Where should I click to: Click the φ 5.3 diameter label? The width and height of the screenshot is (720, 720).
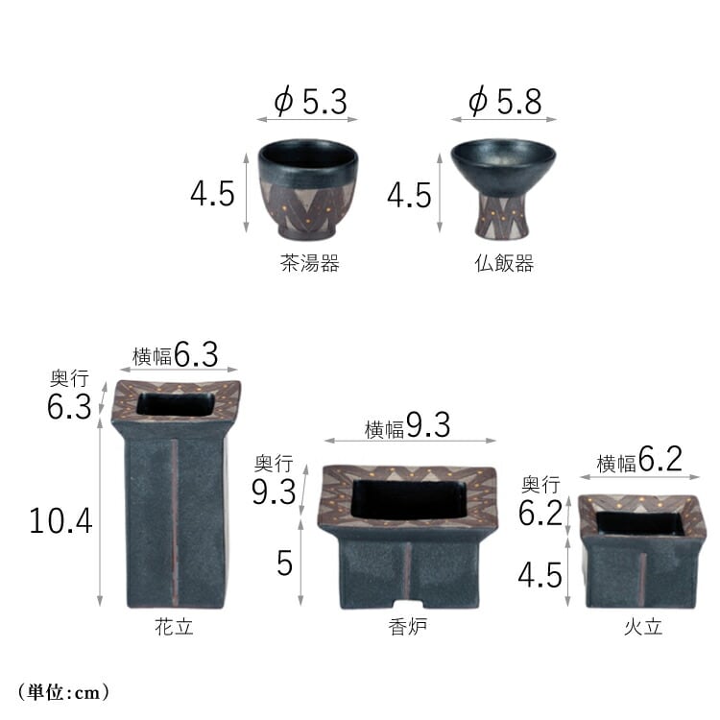(310, 101)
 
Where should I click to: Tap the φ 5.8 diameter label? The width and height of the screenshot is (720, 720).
(505, 101)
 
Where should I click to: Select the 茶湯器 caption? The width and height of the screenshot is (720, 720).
(310, 264)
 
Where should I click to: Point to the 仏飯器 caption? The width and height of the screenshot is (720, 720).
(504, 264)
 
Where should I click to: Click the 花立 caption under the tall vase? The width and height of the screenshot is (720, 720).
(174, 627)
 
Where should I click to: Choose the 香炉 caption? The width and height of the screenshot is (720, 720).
(408, 627)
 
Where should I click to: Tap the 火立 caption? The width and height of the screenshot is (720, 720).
(643, 627)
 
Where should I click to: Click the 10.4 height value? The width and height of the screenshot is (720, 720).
(60, 521)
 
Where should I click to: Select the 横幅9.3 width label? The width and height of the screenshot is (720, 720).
(407, 425)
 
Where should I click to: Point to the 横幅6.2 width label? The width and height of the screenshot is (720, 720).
(639, 460)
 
